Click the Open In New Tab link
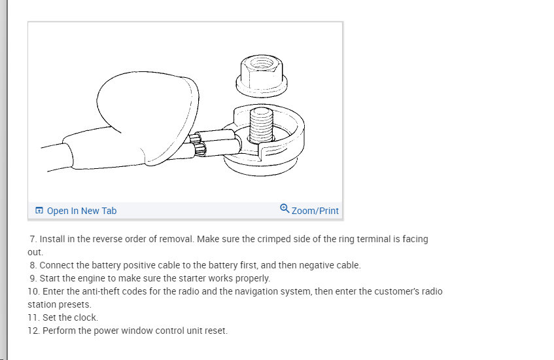(82, 211)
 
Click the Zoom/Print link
(315, 211)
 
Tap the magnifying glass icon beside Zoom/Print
(285, 209)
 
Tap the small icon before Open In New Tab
(39, 210)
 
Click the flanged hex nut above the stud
(262, 76)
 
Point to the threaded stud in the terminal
(261, 126)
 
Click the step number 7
(33, 239)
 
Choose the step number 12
(33, 331)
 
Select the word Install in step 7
(52, 239)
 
